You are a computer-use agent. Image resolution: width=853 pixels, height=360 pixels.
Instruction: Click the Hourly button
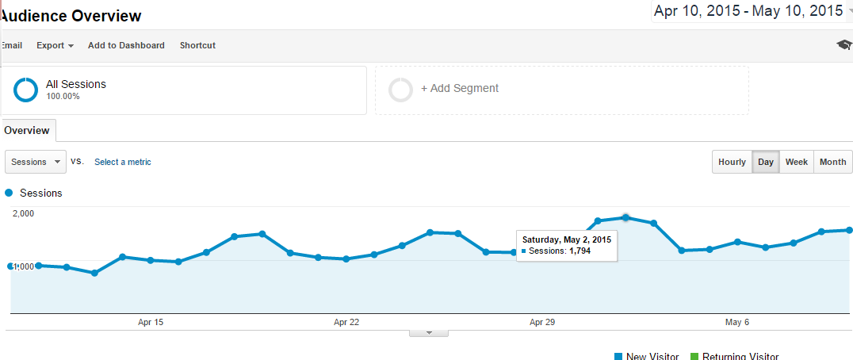point(732,162)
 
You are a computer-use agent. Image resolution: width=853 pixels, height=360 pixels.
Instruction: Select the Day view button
point(766,162)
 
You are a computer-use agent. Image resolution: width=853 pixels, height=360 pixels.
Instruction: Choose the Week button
point(796,162)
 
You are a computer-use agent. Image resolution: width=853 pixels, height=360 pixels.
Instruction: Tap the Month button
point(832,162)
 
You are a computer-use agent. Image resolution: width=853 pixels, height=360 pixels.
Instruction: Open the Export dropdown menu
point(55,45)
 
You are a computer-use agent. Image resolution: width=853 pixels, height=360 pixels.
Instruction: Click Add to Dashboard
point(126,45)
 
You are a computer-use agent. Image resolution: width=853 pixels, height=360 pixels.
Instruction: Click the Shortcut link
point(197,45)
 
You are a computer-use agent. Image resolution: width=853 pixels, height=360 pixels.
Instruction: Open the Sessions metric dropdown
point(36,162)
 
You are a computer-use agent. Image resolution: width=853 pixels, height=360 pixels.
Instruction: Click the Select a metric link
point(123,162)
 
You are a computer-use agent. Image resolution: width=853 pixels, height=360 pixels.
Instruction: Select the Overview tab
point(27,130)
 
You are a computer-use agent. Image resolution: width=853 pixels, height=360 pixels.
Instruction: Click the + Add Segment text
point(460,89)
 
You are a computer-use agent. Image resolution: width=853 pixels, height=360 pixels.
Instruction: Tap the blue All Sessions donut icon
point(25,90)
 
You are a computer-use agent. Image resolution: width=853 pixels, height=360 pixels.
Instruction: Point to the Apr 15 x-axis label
point(151,322)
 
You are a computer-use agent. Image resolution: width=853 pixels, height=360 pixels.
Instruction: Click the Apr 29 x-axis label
point(542,322)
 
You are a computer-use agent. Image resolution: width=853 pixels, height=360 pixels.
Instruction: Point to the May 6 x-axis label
point(737,322)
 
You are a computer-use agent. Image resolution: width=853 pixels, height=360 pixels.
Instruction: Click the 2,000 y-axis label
point(23,213)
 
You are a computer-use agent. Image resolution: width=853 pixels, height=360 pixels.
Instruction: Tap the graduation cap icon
point(843,45)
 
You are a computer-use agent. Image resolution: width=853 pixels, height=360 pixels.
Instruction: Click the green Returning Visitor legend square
point(695,357)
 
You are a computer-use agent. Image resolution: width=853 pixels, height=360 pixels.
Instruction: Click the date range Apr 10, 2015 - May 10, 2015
point(748,11)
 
